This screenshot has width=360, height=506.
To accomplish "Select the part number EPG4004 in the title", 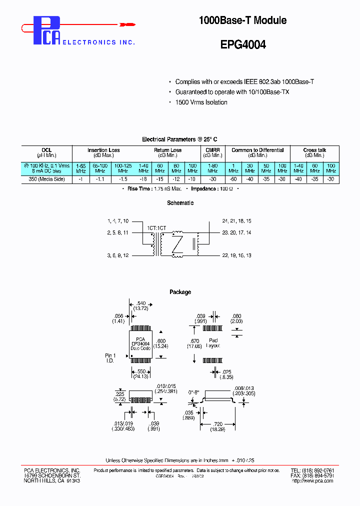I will click(x=243, y=44).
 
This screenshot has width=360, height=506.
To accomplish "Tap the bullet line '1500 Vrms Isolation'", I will click(x=201, y=102).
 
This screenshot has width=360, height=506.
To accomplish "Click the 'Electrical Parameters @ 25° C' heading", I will click(x=179, y=139).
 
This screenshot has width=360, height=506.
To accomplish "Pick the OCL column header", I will click(x=46, y=150).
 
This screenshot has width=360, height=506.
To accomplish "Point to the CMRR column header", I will click(x=212, y=150).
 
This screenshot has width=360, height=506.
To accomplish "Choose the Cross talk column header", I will click(x=314, y=150).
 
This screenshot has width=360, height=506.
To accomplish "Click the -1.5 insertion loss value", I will click(x=123, y=179).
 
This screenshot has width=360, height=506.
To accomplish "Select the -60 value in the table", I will click(x=233, y=179).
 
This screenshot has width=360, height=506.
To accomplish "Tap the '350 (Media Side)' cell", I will click(x=46, y=179).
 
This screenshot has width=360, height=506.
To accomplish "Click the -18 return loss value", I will click(x=143, y=179).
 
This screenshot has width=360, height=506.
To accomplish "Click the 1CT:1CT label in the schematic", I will click(x=156, y=227).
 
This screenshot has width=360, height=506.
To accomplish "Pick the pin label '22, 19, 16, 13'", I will click(x=236, y=255).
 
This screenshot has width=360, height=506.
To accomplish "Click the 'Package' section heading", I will click(x=180, y=292).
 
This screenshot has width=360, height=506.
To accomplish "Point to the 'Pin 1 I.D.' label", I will click(x=110, y=358).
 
